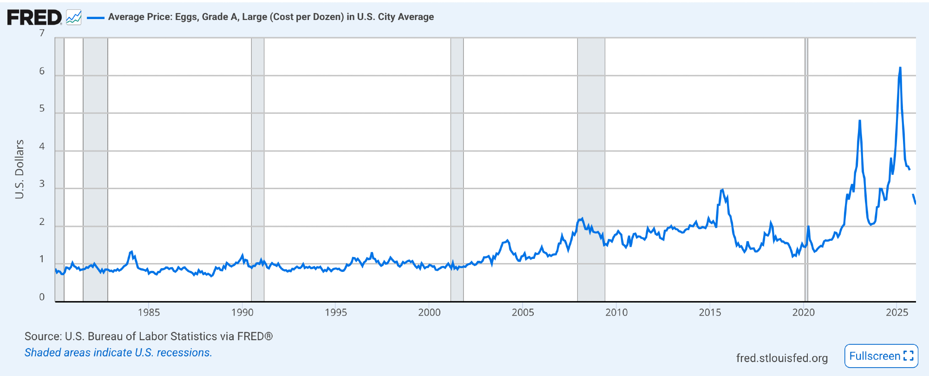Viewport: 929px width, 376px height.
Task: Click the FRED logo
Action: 34,18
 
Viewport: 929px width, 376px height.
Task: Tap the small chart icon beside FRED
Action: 73,18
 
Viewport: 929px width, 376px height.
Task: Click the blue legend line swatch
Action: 96,18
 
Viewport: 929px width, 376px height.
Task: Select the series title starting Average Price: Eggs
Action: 271,17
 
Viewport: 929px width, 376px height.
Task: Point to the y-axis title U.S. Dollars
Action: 19,169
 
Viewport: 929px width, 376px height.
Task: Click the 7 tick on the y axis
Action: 42,33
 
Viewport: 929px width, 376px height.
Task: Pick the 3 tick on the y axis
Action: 42,184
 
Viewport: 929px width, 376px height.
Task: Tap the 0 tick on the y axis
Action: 42,297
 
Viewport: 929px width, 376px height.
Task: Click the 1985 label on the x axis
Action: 149,312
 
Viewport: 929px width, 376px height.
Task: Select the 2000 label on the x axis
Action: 429,312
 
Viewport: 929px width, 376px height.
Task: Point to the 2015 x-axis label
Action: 710,312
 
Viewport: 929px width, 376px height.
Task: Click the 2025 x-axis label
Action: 897,312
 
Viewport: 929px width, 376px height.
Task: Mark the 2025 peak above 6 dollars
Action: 900,68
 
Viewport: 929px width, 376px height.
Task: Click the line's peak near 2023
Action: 860,121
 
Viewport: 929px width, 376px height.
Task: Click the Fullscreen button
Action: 881,356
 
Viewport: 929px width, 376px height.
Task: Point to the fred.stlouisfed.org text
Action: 782,358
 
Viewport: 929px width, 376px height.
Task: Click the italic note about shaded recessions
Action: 118,352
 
